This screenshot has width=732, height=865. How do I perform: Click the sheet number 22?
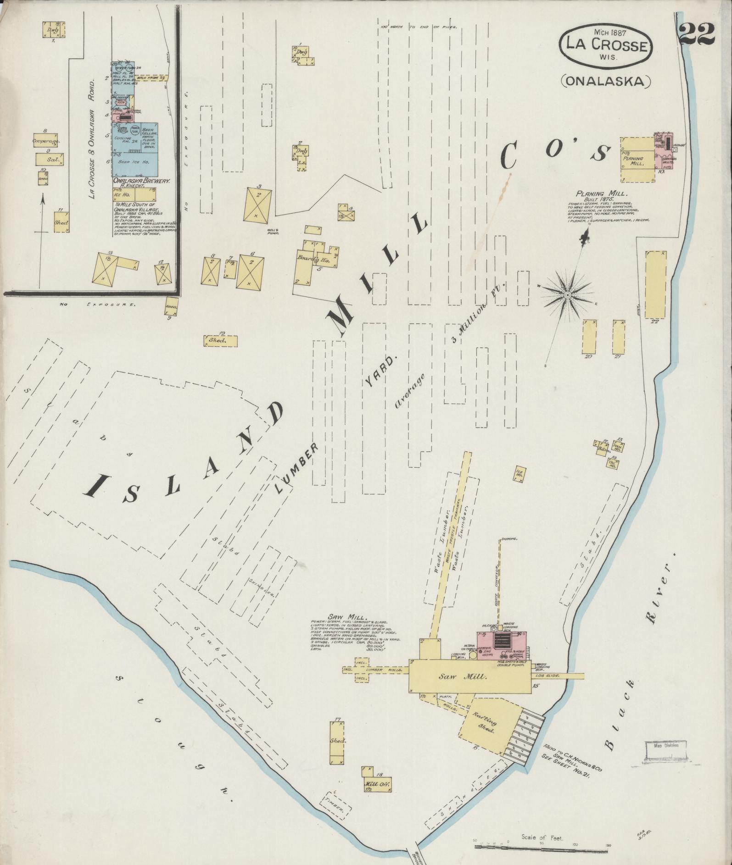point(697,33)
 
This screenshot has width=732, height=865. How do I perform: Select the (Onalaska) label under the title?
point(606,81)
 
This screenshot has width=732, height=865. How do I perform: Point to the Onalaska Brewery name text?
point(142,181)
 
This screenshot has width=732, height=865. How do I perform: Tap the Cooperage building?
point(47,141)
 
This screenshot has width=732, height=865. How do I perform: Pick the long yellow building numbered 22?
point(655,284)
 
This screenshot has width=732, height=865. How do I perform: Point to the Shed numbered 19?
point(220,341)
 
